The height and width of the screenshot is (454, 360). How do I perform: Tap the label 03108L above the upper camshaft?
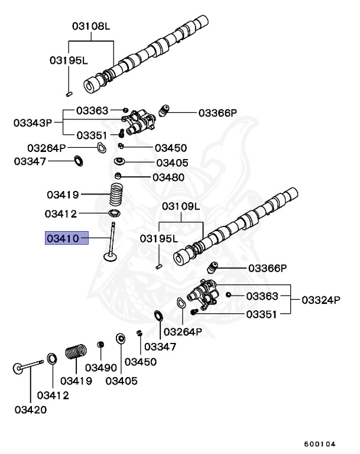pos(92,26)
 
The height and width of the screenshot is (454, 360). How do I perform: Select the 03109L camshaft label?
pos(181,207)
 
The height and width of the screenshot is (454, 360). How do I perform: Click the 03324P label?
pos(321,300)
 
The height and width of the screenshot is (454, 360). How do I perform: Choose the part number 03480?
pos(168,177)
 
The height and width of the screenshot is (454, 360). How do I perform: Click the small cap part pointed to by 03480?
pos(118,176)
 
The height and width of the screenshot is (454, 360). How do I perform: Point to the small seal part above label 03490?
pos(101,345)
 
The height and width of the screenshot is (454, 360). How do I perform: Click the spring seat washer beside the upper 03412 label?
pos(115,213)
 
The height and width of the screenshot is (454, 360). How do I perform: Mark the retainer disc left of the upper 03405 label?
pos(119,161)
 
